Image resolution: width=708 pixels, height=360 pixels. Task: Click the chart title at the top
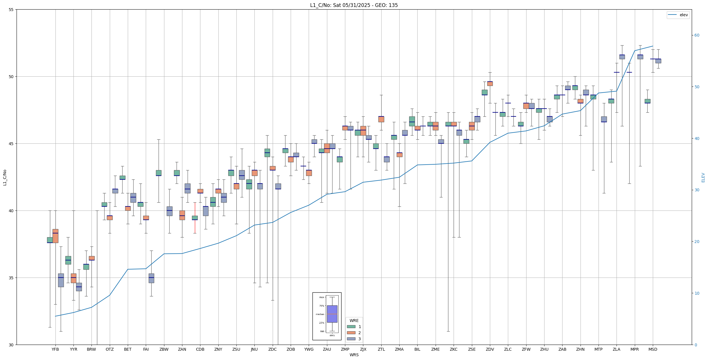tap(354, 5)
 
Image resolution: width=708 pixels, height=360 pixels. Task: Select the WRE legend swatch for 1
tap(351, 327)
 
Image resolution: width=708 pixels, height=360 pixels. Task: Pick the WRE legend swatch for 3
tap(351, 339)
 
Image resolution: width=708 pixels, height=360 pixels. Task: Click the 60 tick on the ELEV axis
tap(697, 35)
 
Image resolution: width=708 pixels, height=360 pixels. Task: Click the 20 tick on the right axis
tap(697, 242)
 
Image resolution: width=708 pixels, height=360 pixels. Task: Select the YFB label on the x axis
tap(55, 350)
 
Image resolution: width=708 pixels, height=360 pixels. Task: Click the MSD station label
tap(653, 350)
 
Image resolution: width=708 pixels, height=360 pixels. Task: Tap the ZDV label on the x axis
tap(490, 350)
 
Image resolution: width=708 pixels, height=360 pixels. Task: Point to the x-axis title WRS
tap(354, 355)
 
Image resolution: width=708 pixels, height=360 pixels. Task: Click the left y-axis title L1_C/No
tap(5, 177)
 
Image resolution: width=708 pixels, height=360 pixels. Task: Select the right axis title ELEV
tap(703, 177)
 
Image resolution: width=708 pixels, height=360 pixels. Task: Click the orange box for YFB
tap(55, 236)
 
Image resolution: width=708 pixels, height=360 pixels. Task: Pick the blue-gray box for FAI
tap(151, 278)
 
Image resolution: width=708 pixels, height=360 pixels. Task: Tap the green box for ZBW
tap(159, 173)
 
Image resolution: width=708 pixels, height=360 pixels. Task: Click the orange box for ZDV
tap(490, 84)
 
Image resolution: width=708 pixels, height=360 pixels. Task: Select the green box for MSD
tap(647, 101)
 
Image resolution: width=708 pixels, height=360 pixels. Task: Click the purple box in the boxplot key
tap(332, 314)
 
